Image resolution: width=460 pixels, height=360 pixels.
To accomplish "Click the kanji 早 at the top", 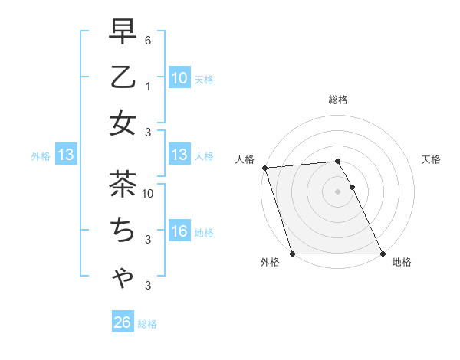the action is click(123, 34).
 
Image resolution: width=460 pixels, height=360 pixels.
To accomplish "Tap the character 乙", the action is click(123, 78).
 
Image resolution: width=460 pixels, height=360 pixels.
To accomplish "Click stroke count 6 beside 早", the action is click(148, 40).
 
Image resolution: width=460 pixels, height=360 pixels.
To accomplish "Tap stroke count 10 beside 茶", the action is click(148, 193).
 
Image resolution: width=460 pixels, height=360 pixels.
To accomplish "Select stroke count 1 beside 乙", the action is click(148, 86).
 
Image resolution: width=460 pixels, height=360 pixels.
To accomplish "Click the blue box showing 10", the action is click(179, 78).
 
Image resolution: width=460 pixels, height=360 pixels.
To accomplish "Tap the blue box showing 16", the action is click(179, 231).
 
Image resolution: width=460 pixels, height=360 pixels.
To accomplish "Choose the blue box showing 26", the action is click(122, 322).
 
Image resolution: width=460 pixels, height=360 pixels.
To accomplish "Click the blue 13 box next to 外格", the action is click(66, 155).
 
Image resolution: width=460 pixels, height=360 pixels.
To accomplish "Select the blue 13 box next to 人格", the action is click(179, 155).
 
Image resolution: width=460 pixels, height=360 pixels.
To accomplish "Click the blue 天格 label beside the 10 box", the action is click(203, 79).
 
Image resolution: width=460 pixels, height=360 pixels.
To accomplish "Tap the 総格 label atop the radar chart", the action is click(337, 100).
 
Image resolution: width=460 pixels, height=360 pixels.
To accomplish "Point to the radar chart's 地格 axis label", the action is click(402, 262).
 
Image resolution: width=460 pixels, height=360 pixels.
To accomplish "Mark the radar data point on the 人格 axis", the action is click(264, 168).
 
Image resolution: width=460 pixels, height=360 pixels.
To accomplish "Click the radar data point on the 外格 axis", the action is click(292, 254).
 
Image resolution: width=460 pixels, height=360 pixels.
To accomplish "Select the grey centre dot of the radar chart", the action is click(337, 191).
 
